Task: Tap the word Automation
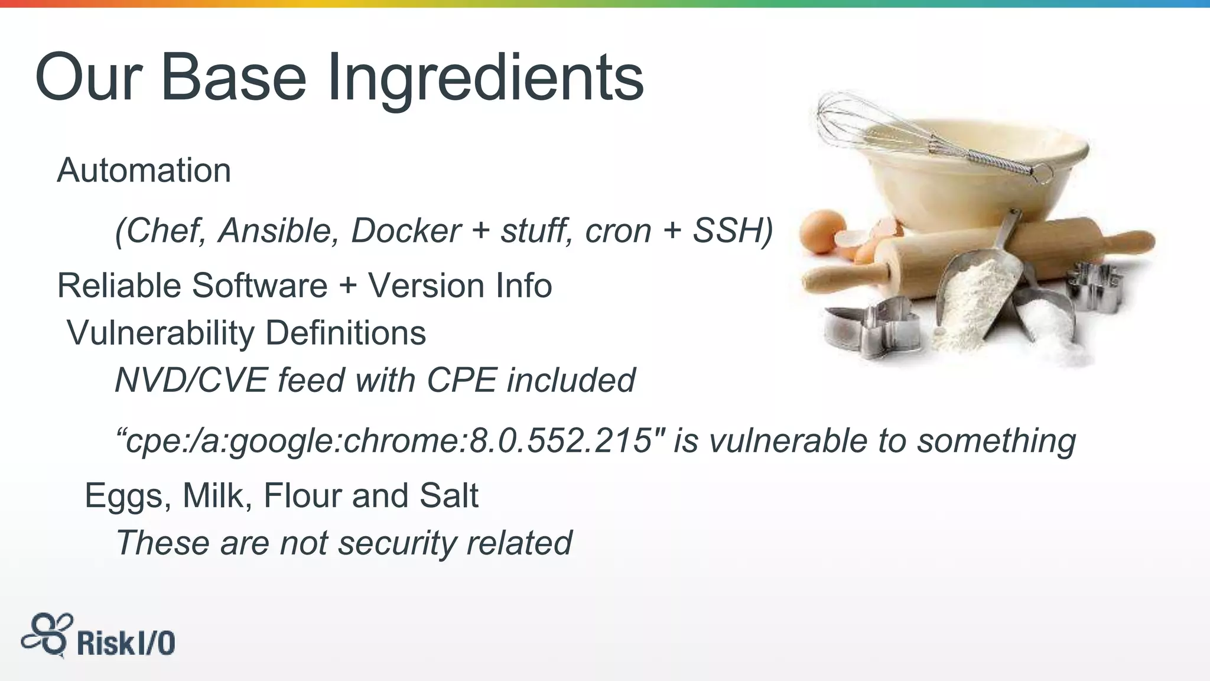[x=144, y=170]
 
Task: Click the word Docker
[x=405, y=230]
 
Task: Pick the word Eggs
[x=124, y=495]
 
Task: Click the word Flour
[x=302, y=495]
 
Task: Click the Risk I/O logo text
[x=126, y=643]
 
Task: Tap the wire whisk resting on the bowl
[x=910, y=133]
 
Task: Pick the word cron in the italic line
[x=617, y=230]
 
